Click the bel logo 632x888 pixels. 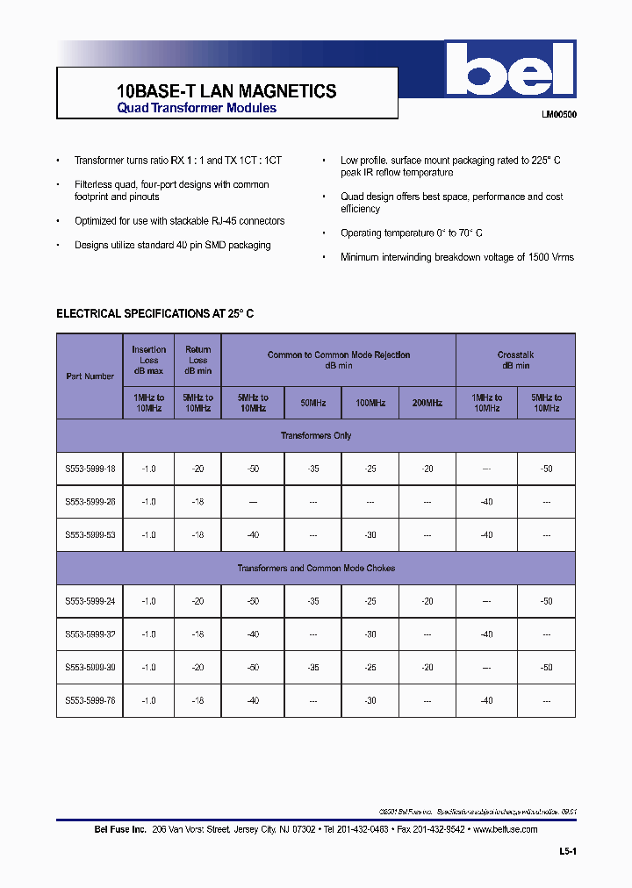point(510,71)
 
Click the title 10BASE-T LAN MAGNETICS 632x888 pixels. point(226,90)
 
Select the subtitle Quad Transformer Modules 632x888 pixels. point(197,108)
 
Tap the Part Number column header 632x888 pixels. point(90,376)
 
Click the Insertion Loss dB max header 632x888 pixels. point(148,360)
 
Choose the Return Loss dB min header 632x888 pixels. point(198,360)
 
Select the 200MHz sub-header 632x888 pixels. point(427,403)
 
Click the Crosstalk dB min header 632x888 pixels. point(515,360)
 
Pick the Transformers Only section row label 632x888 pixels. point(316,435)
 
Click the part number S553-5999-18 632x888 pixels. point(90,469)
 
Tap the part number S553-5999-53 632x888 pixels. point(90,535)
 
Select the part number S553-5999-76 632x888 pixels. point(90,700)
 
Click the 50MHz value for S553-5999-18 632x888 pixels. point(313,469)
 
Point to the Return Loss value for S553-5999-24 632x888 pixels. point(198,601)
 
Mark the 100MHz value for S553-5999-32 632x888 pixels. point(370,634)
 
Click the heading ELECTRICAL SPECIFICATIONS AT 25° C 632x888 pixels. point(155,313)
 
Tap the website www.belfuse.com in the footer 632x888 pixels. point(505,829)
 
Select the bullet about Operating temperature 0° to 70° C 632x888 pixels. point(411,233)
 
